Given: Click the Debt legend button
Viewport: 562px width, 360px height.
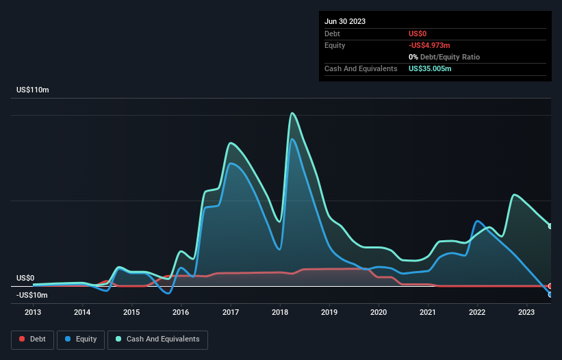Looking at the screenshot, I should coord(31,339).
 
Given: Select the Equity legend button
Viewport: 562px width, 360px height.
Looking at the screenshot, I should coord(81,339).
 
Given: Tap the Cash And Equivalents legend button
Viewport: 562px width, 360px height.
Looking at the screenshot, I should coord(157,339).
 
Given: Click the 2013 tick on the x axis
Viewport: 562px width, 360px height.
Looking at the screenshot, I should coord(33,312).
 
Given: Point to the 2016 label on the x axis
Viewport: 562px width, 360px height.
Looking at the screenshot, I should coord(181,312).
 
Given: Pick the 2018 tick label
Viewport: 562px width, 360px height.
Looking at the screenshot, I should coord(279,312).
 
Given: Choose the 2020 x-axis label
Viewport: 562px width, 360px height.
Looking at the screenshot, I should coord(379,312).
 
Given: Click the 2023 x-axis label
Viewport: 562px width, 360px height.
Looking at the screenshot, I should coord(527,312).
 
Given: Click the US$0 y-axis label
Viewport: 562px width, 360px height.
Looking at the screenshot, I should coord(25,278).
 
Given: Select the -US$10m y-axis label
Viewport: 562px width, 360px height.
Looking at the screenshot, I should coord(32,295).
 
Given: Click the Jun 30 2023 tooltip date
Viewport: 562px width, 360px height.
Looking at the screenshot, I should coord(345,21).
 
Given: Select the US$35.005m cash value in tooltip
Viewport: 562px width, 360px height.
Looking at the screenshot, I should coord(430,68).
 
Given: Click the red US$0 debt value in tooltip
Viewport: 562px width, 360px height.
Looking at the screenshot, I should coord(418,34).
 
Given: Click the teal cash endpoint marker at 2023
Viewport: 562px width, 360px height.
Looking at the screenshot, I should coord(550,226).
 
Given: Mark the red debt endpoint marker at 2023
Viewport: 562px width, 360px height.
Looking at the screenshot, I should coord(550,286).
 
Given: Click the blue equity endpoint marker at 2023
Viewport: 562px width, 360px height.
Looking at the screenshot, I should coord(550,294).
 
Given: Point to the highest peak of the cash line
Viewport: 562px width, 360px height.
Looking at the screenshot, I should coord(292,113).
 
